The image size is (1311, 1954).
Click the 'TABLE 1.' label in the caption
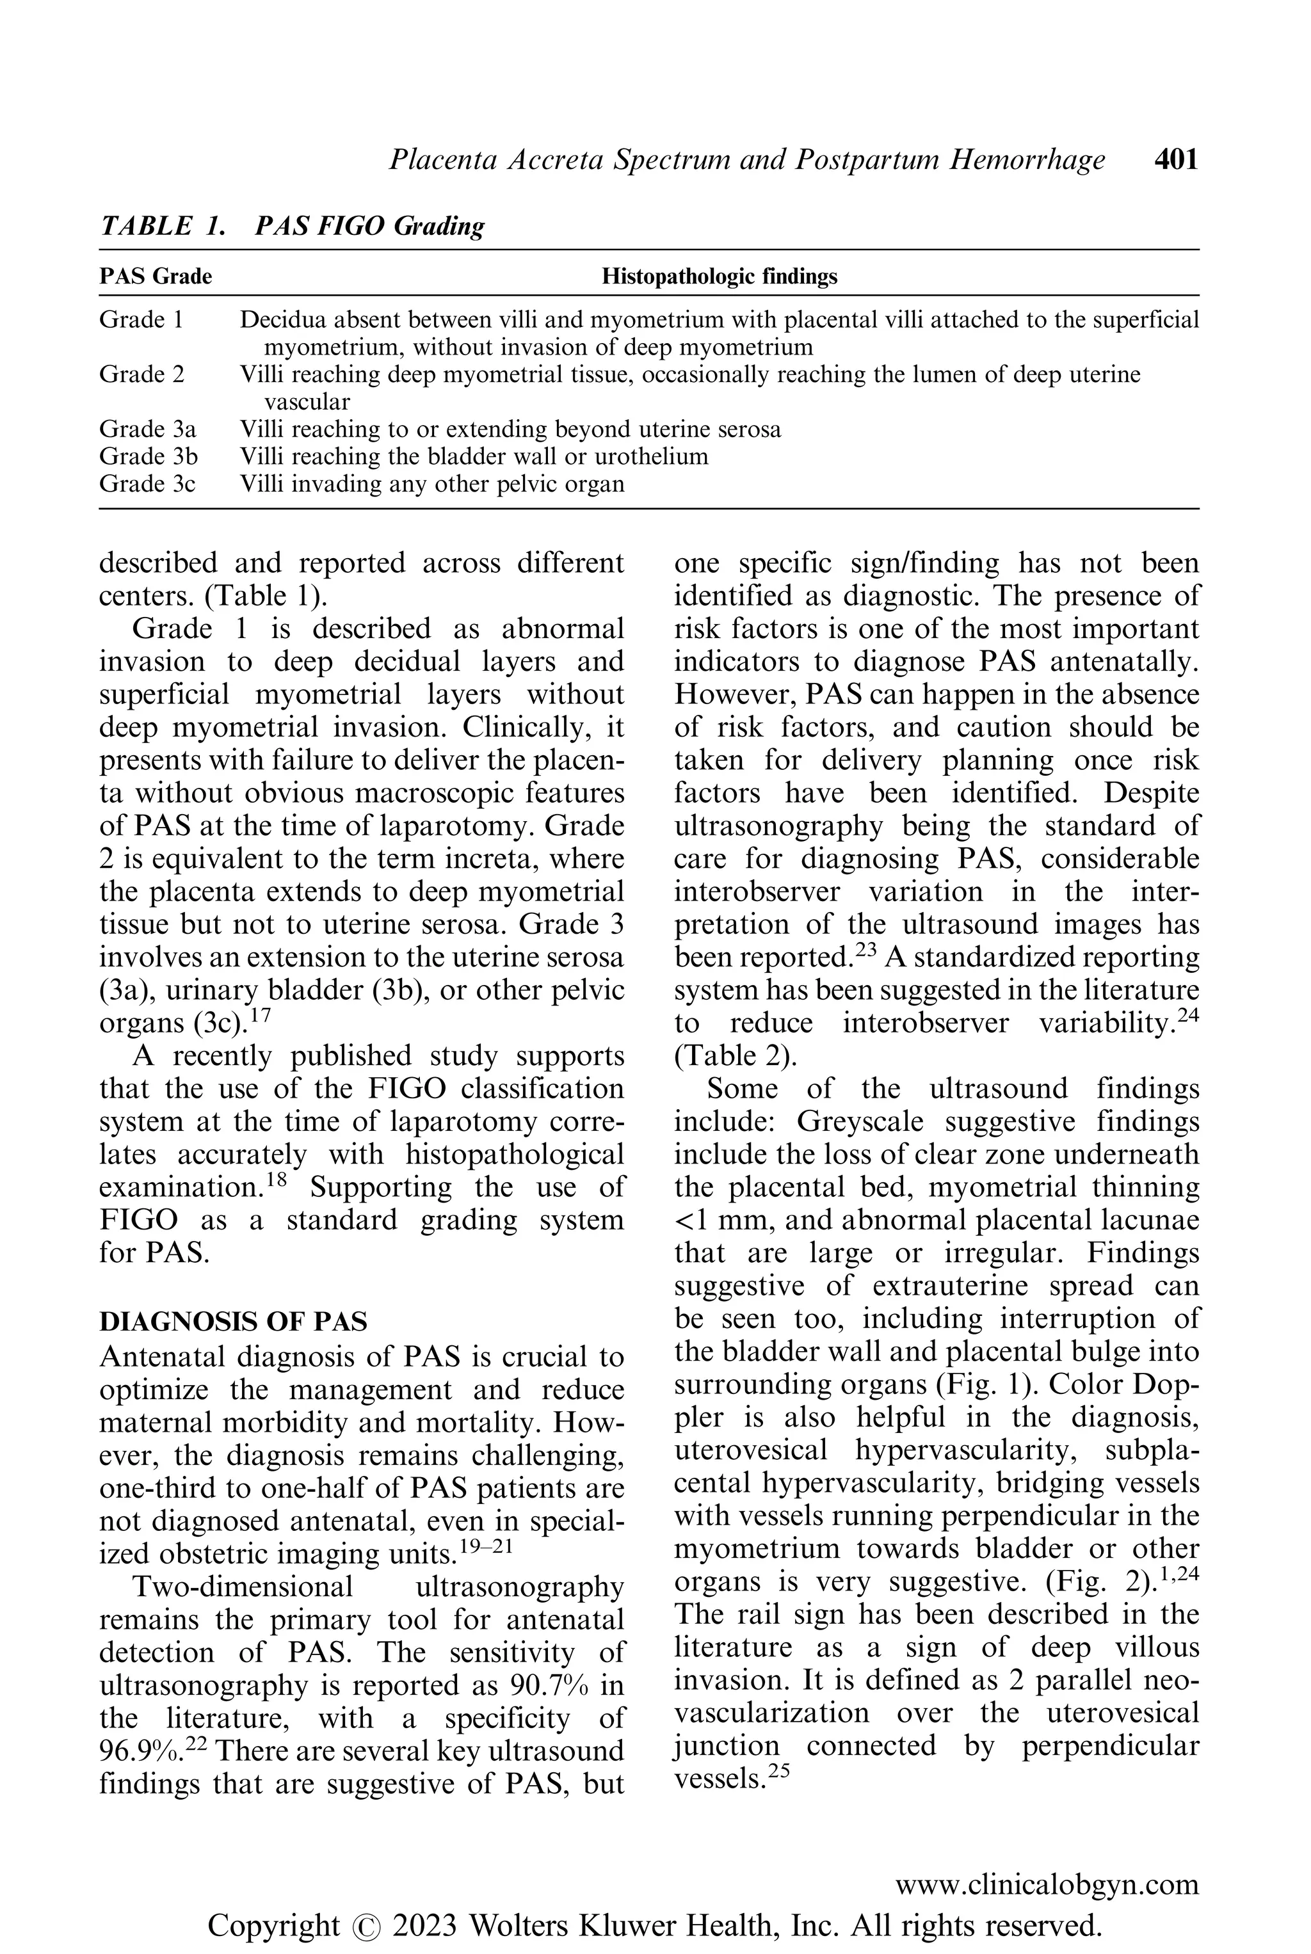click(162, 226)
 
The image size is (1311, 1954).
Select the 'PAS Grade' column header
click(156, 276)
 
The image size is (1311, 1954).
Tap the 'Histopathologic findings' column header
click(719, 276)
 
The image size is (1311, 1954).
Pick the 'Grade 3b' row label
click(148, 456)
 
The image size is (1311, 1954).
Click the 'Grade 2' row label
click(141, 374)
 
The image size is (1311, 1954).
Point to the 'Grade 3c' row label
click(147, 484)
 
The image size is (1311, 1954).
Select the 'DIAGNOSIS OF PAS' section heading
click(233, 1321)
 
